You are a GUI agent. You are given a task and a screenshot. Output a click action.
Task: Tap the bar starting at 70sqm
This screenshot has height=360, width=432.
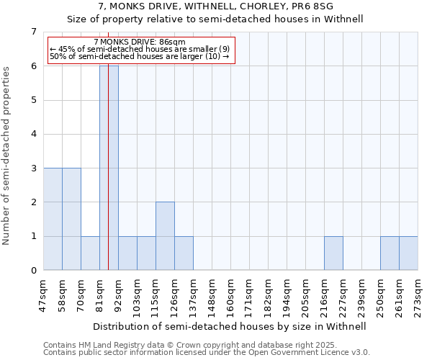(x=90, y=253)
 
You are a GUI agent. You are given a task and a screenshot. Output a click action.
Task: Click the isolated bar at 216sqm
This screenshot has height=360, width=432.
(x=333, y=253)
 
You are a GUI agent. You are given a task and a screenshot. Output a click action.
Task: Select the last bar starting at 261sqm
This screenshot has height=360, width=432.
(x=408, y=253)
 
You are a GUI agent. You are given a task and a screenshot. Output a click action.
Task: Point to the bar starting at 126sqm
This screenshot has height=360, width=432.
(x=184, y=253)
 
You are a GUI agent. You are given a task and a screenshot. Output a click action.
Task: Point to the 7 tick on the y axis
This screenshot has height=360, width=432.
(x=33, y=32)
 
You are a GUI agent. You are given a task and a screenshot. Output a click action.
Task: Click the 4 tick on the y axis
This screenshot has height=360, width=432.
(x=33, y=134)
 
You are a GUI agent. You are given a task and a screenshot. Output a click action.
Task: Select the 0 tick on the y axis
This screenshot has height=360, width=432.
(x=33, y=271)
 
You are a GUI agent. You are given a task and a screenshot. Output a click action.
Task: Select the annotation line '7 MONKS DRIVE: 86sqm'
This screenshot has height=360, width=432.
(x=139, y=42)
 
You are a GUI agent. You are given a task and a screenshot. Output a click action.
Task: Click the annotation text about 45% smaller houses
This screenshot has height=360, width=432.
(x=139, y=49)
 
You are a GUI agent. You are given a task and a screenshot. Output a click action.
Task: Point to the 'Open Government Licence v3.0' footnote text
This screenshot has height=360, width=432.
(x=302, y=353)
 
